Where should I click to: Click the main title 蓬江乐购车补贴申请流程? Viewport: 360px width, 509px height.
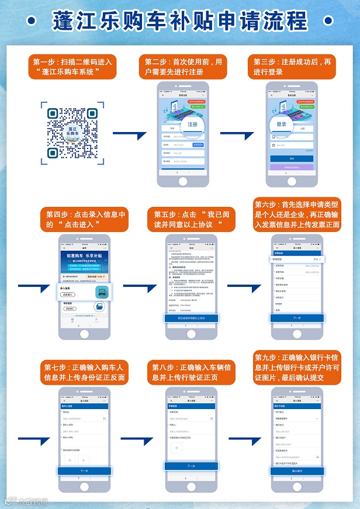tap(179, 20)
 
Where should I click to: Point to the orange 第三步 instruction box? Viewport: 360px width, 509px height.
tap(292, 66)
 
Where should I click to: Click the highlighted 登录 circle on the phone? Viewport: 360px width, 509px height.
tap(281, 124)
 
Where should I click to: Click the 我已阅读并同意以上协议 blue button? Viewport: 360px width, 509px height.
tap(191, 318)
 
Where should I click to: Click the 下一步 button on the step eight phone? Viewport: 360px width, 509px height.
tap(191, 466)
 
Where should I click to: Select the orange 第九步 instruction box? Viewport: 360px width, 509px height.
tap(297, 367)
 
